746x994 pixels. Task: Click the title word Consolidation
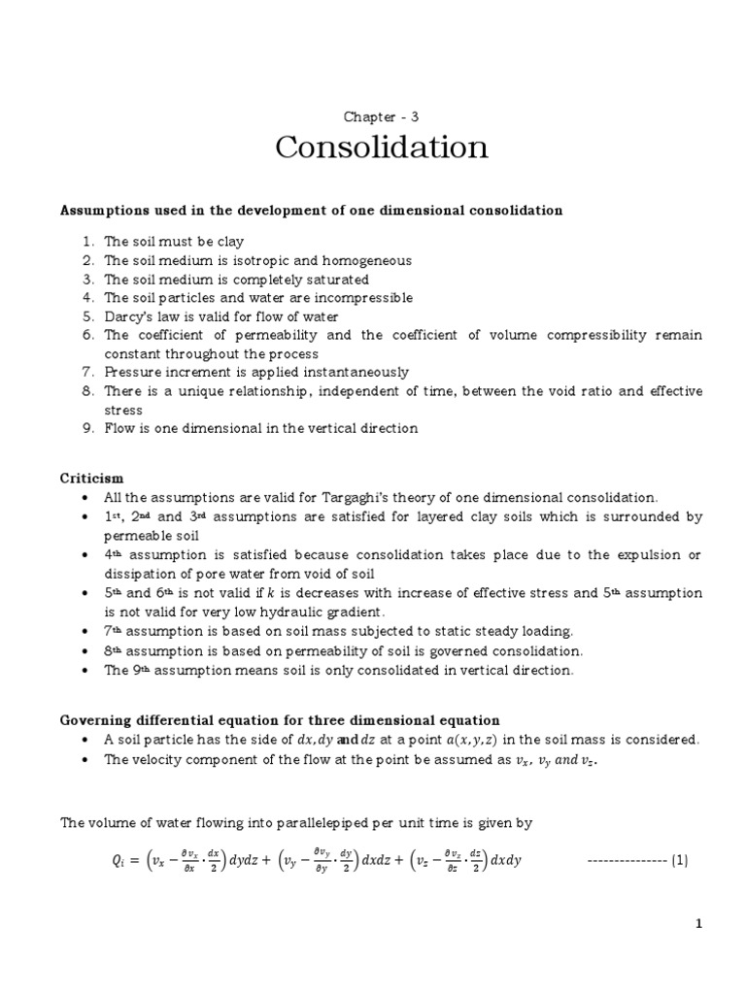tap(381, 149)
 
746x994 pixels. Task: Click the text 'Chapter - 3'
tap(381, 116)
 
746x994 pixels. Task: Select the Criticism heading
tap(92, 479)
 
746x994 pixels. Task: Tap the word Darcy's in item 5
tap(129, 316)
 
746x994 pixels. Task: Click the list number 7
tap(86, 372)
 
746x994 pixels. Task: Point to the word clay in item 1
tap(229, 242)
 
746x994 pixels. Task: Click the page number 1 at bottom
tap(697, 925)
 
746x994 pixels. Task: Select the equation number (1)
tap(678, 861)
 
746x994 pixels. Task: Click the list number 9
tap(86, 428)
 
